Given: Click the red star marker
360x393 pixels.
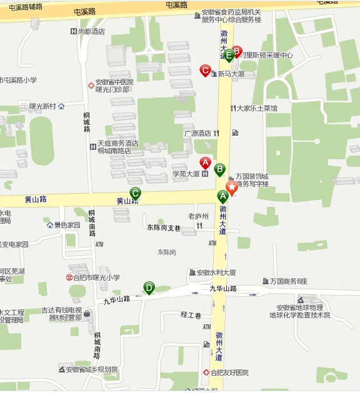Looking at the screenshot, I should click(232, 188).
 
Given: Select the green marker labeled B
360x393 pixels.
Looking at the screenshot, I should click(219, 169).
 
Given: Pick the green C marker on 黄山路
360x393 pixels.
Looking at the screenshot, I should click(135, 193).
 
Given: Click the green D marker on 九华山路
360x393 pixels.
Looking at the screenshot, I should click(149, 287).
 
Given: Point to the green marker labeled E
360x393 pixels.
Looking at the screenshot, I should click(229, 55).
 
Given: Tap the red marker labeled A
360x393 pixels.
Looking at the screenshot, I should click(205, 164).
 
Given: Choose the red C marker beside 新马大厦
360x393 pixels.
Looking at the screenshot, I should click(205, 71).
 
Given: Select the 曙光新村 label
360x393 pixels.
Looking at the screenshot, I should click(42, 106).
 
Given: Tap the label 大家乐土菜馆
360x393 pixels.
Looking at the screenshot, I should click(256, 108).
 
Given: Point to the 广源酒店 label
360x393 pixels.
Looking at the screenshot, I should click(197, 133).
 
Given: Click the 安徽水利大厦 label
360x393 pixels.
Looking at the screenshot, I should click(216, 272).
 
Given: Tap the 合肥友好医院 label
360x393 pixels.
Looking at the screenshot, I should click(229, 372).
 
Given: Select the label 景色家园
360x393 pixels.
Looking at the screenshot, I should click(67, 225).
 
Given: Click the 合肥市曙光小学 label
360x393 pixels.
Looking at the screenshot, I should click(97, 277).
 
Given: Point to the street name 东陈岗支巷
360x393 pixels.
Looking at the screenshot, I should click(164, 227).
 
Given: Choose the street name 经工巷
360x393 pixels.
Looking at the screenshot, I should click(191, 314).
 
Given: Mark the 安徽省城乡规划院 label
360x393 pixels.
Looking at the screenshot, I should click(92, 369).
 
